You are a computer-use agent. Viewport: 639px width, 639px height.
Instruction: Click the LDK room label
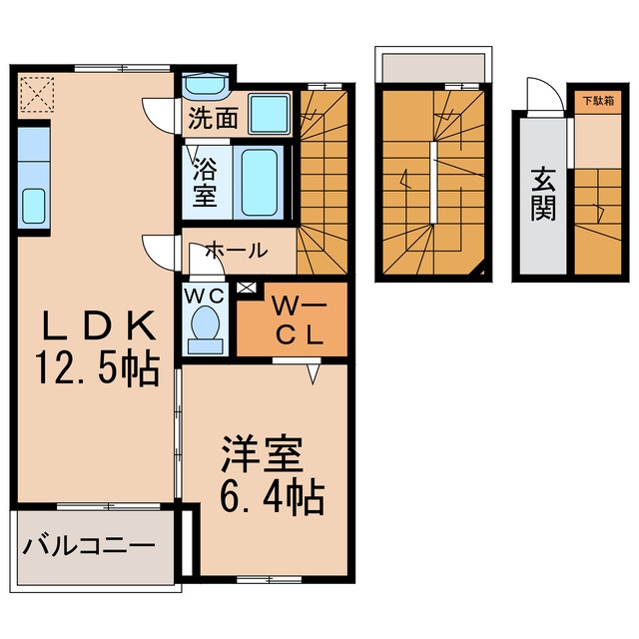(x=100, y=325)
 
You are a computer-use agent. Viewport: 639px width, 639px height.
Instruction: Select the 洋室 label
(x=263, y=454)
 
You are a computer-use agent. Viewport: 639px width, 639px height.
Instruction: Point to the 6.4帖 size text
(x=273, y=498)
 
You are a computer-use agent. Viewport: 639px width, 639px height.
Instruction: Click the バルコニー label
(x=89, y=546)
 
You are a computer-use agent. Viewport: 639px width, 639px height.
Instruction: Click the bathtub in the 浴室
(x=259, y=182)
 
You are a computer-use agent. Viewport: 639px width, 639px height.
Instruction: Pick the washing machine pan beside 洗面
(x=270, y=114)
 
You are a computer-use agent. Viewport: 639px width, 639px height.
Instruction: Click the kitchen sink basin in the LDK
(x=33, y=206)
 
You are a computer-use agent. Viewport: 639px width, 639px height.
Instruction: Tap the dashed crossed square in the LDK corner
(x=37, y=95)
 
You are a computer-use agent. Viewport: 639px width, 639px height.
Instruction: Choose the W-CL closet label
(x=300, y=320)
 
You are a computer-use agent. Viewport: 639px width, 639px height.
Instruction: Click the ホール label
(x=237, y=251)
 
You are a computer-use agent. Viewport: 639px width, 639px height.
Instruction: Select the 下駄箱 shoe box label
(x=598, y=101)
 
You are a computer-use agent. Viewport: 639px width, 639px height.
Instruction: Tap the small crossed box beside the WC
(x=247, y=288)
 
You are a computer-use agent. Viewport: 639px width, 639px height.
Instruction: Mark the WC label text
(x=205, y=296)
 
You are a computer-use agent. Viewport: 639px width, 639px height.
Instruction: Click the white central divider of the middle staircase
(x=433, y=182)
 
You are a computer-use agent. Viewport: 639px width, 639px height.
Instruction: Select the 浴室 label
(x=205, y=182)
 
